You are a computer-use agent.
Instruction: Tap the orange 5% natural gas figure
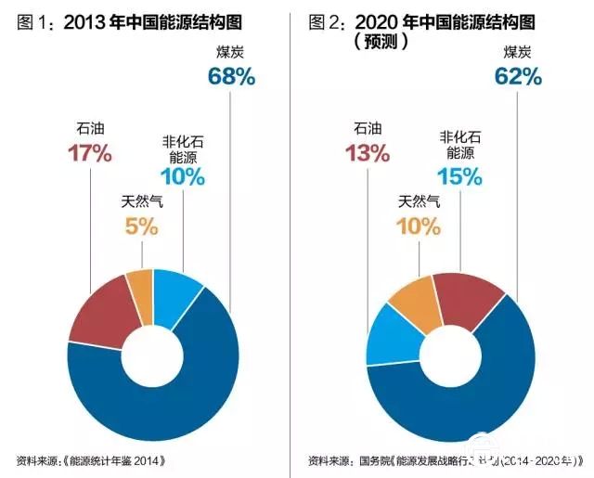point(141,226)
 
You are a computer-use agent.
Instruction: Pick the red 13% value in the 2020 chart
point(368,153)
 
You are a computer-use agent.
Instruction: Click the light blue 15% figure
point(460,176)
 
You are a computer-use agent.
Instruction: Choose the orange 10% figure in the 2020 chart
point(418,226)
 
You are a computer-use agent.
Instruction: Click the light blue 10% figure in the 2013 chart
point(182,176)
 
